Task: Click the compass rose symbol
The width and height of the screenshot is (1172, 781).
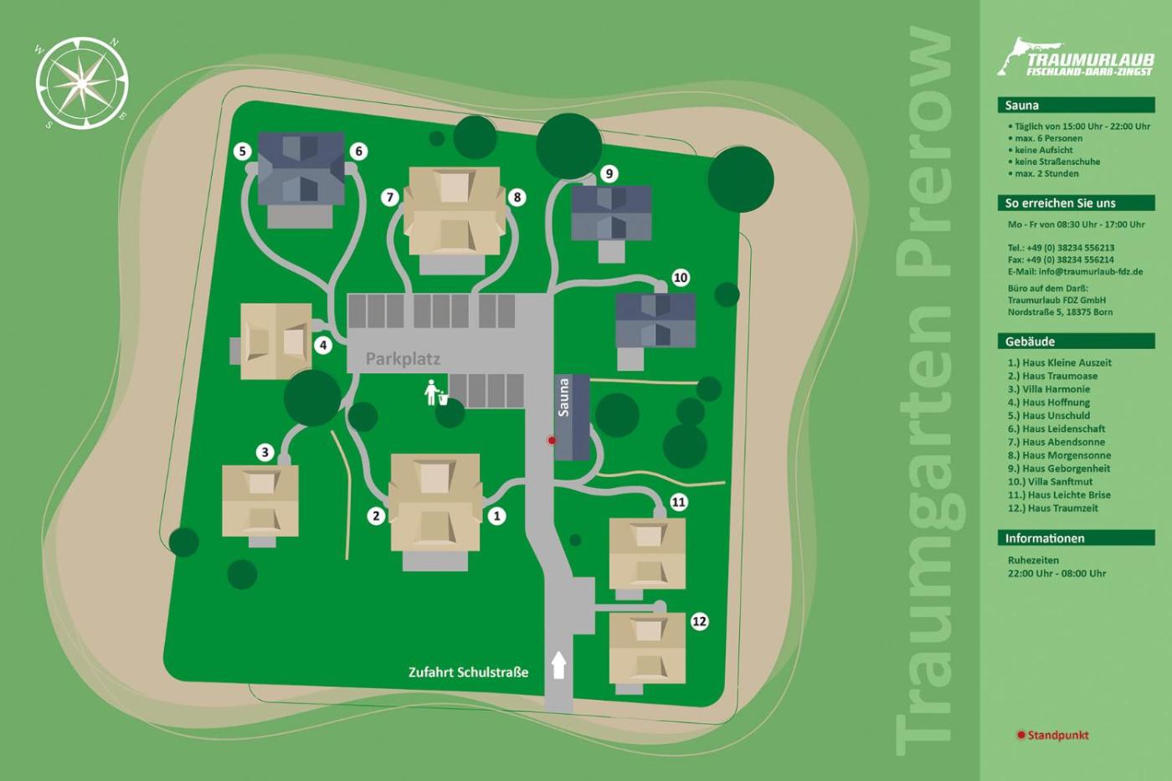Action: coord(82,83)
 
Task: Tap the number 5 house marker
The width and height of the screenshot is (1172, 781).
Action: coord(243,152)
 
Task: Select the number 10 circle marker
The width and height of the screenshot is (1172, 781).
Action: coord(681,278)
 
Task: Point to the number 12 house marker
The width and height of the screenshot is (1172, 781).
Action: coord(699,621)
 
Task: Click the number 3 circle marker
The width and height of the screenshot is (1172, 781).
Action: coord(265,453)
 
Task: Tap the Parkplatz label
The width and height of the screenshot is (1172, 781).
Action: coord(403,359)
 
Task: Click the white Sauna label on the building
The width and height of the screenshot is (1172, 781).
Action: coord(563,398)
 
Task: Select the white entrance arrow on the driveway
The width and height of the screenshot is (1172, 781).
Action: coord(558,665)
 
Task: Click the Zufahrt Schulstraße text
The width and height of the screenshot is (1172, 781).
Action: coord(468,672)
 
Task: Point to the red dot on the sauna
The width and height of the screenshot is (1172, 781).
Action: coord(552,440)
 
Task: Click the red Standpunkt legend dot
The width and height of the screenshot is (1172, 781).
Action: coord(1020,735)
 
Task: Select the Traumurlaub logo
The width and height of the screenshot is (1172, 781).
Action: coord(1076,58)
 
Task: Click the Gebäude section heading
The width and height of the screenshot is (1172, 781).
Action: coord(1030,342)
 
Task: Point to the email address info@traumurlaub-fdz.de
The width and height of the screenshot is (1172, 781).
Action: coord(1075,272)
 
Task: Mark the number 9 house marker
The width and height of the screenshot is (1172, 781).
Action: coord(609,174)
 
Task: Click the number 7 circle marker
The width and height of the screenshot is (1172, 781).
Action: coord(389,198)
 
